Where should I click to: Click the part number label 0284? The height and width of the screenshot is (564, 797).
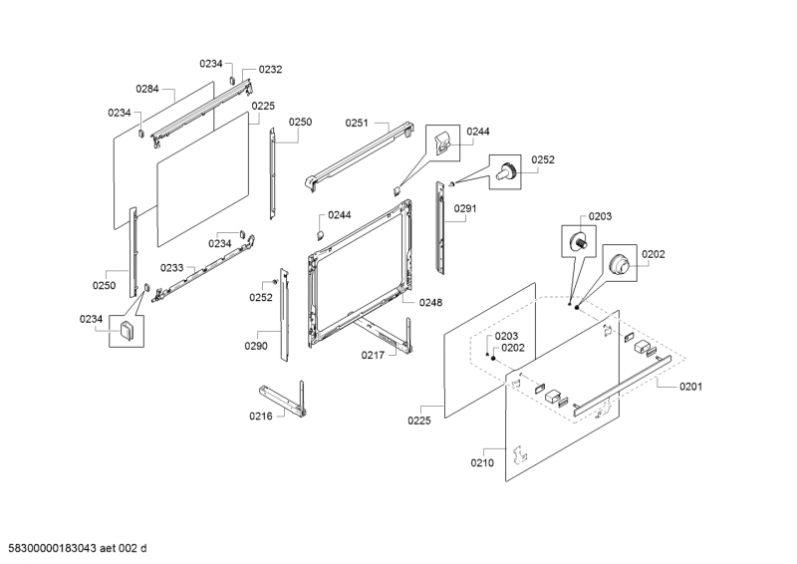pyautogui.click(x=147, y=89)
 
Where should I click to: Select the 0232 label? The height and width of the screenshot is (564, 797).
pyautogui.click(x=270, y=70)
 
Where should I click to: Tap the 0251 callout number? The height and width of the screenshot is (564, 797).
pyautogui.click(x=357, y=123)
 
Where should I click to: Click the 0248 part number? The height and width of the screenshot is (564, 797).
pyautogui.click(x=430, y=302)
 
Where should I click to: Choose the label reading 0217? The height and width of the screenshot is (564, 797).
pyautogui.click(x=373, y=354)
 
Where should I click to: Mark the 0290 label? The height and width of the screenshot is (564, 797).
pyautogui.click(x=256, y=346)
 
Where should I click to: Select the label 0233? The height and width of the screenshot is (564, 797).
pyautogui.click(x=171, y=268)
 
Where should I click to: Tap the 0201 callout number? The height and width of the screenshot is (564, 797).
pyautogui.click(x=691, y=387)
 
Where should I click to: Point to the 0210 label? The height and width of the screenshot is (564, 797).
pyautogui.click(x=483, y=462)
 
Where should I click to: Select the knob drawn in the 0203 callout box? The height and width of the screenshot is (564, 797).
pyautogui.click(x=577, y=241)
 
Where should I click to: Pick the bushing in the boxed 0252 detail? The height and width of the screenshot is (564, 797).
pyautogui.click(x=508, y=171)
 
